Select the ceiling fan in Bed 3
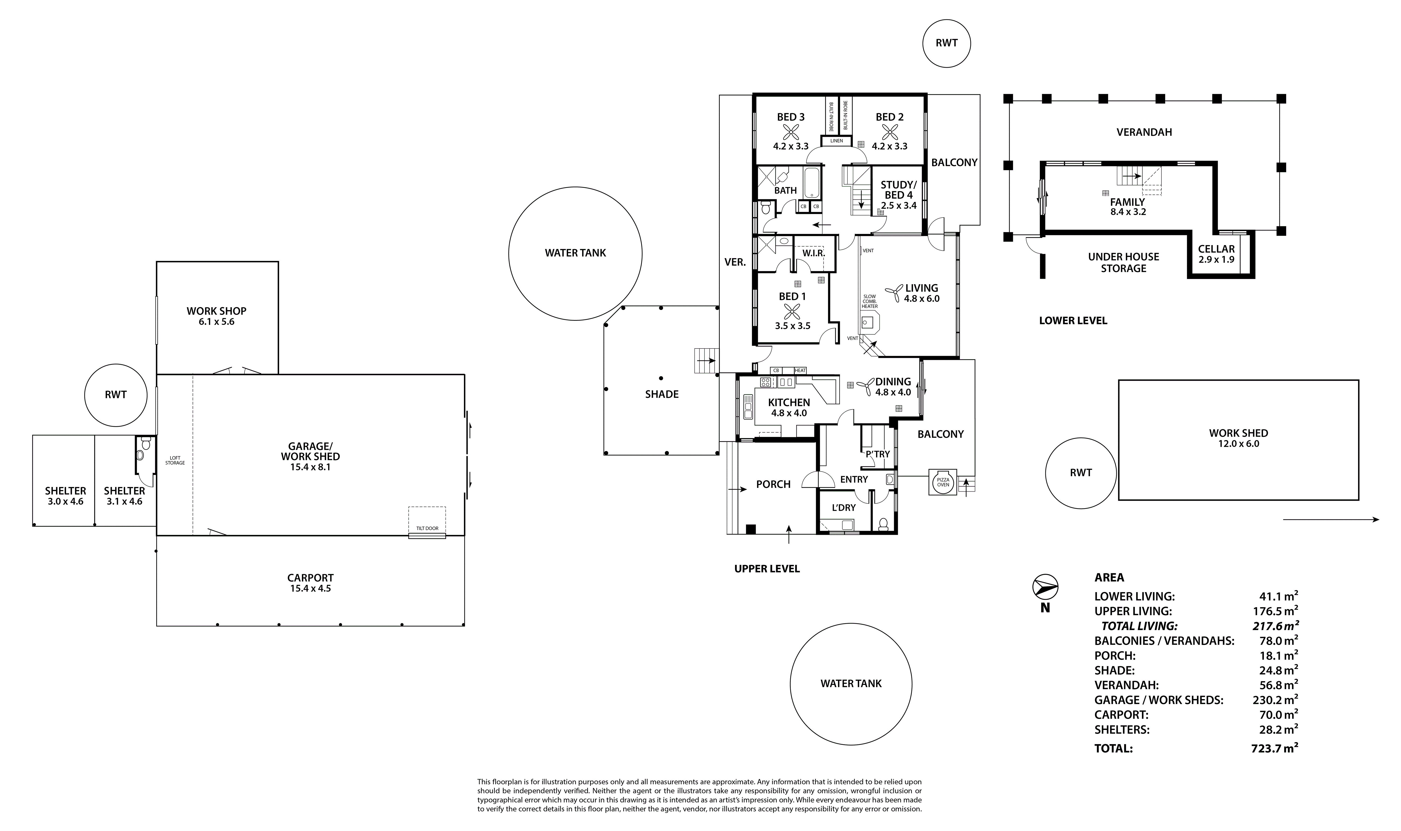click(x=791, y=132)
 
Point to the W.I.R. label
click(x=813, y=253)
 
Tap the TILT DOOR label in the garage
click(x=427, y=528)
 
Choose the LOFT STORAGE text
click(x=175, y=460)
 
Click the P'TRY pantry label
click(x=878, y=454)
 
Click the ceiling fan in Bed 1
click(x=792, y=311)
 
